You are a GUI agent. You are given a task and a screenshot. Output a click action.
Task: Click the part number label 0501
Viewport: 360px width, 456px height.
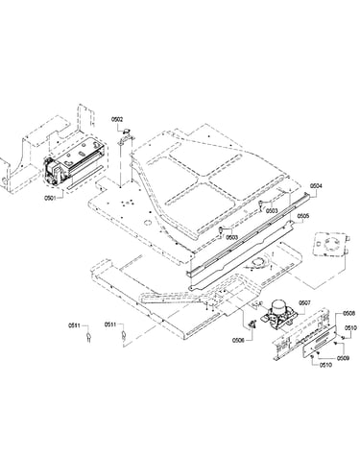pyautogui.click(x=49, y=198)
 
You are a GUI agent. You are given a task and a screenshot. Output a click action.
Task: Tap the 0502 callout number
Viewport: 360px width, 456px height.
pyautogui.click(x=117, y=119)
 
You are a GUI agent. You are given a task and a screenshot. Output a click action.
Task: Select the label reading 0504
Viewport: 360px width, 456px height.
pyautogui.click(x=316, y=185)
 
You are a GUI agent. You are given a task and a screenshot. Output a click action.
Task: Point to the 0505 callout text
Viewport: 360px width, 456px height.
pyautogui.click(x=303, y=216)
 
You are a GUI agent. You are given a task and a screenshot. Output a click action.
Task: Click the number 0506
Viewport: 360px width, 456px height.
pyautogui.click(x=238, y=340)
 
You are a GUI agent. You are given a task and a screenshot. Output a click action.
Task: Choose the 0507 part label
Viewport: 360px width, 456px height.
pyautogui.click(x=304, y=302)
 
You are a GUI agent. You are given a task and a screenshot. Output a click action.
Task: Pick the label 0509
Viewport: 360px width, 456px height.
pyautogui.click(x=343, y=358)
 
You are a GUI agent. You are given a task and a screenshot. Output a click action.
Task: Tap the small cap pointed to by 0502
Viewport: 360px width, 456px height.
pyautogui.click(x=127, y=131)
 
